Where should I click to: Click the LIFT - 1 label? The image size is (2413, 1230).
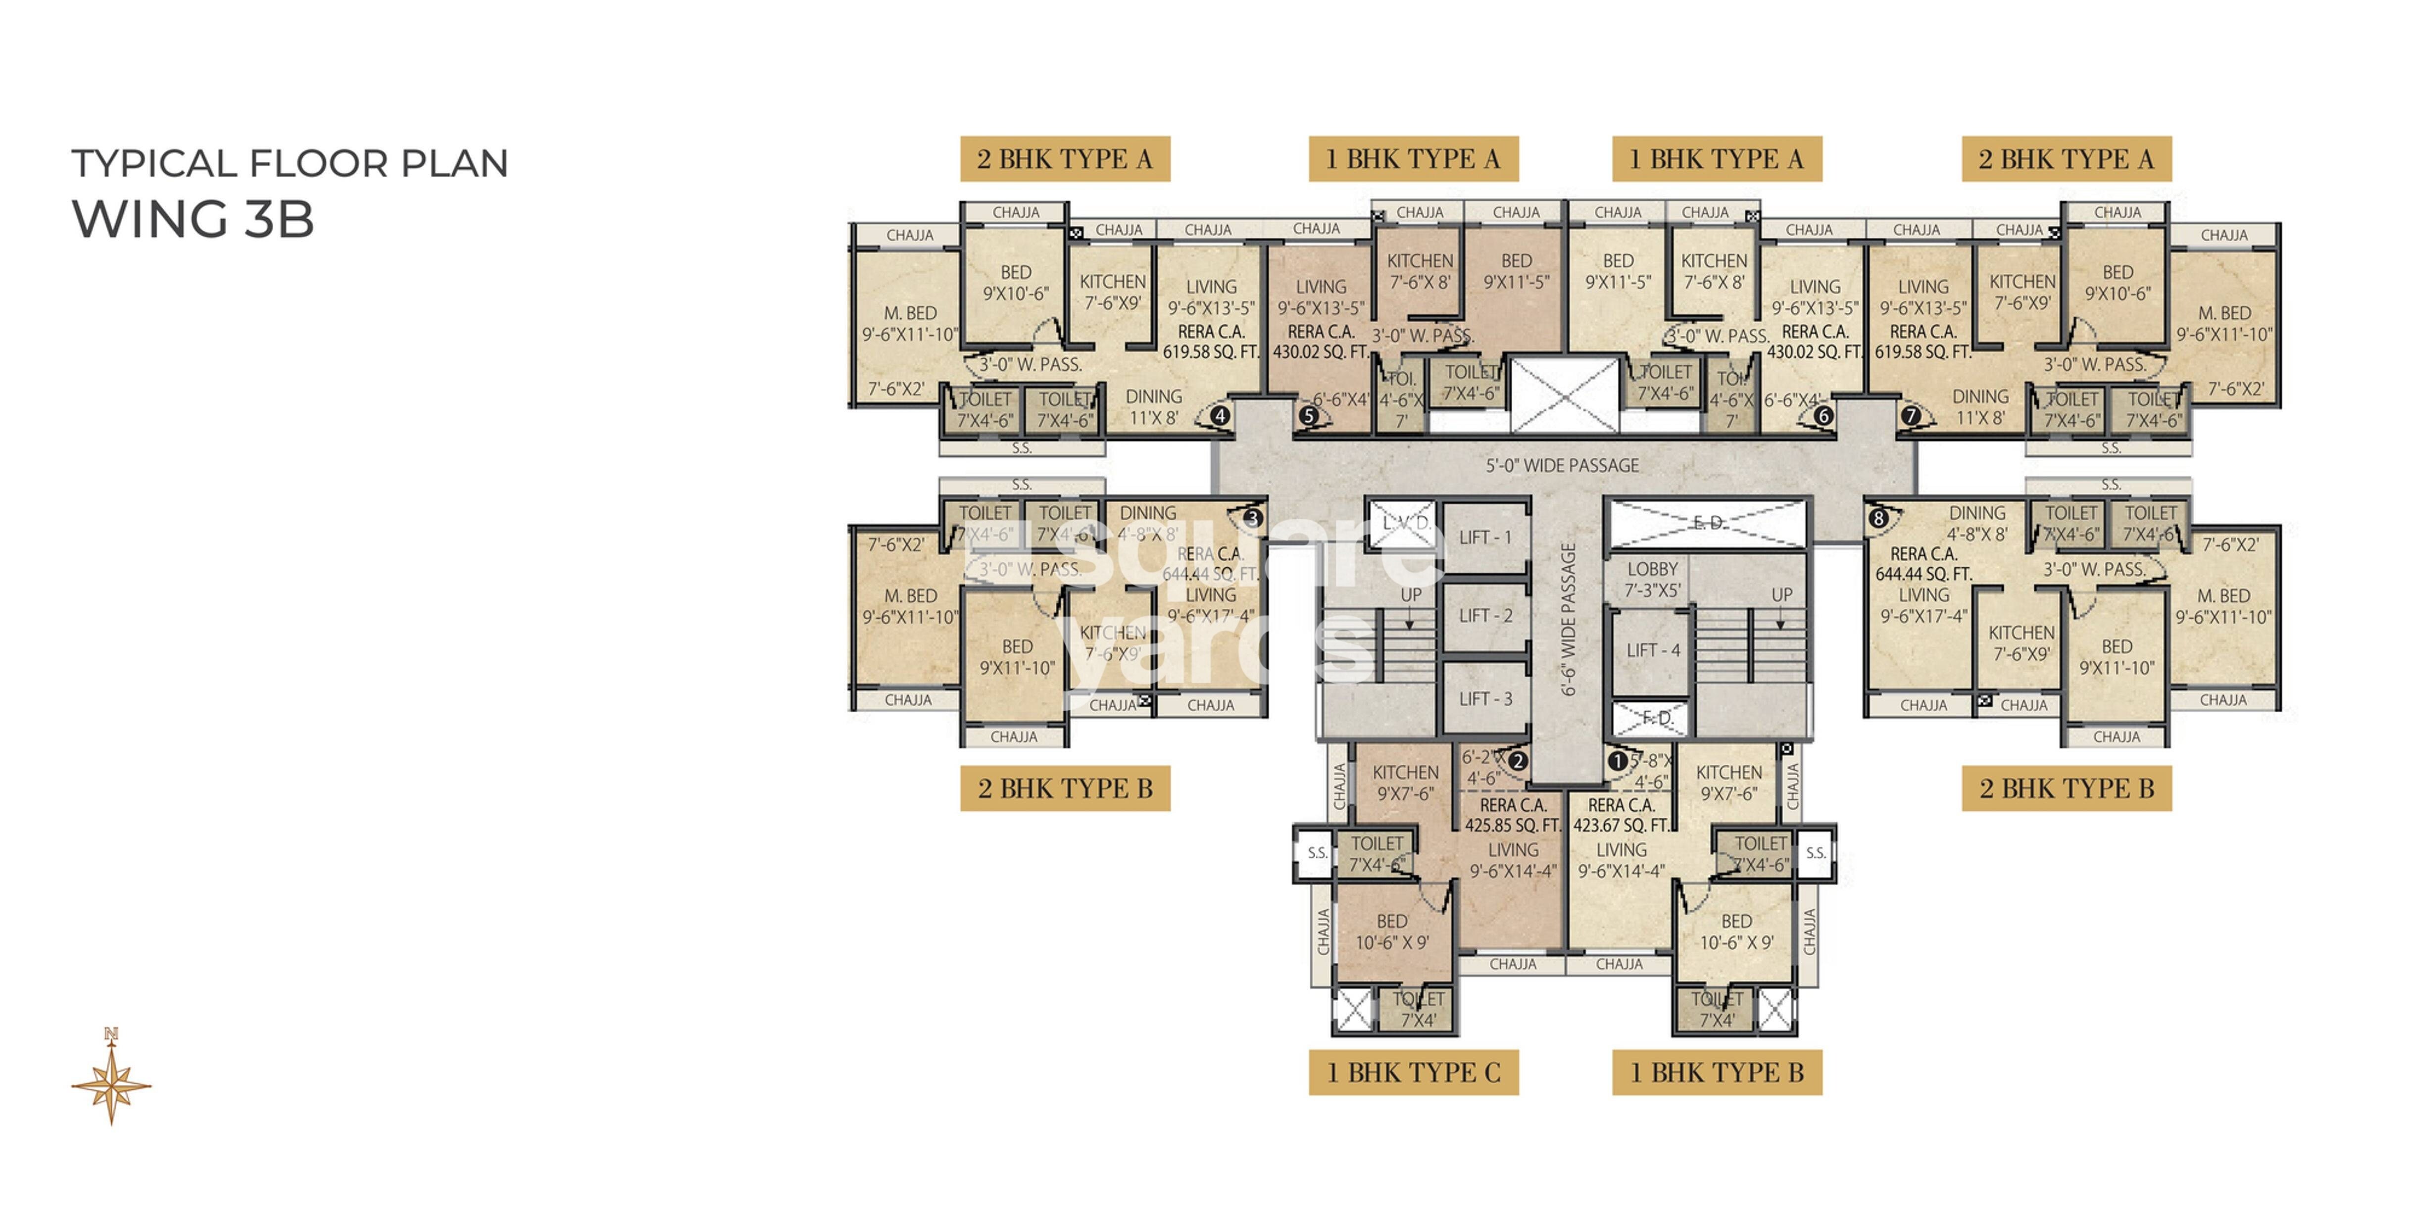click(x=1485, y=538)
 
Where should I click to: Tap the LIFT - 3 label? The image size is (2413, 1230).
click(x=1485, y=699)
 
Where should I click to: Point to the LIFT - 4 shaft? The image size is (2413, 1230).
click(x=1652, y=650)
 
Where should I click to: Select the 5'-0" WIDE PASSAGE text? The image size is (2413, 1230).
click(x=1563, y=466)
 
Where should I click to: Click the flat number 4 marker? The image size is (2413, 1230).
click(x=1220, y=415)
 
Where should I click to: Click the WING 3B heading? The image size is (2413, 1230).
click(x=193, y=219)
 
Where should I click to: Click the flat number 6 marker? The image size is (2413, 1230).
click(x=1823, y=415)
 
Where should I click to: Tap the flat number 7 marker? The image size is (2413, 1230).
click(x=1911, y=415)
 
